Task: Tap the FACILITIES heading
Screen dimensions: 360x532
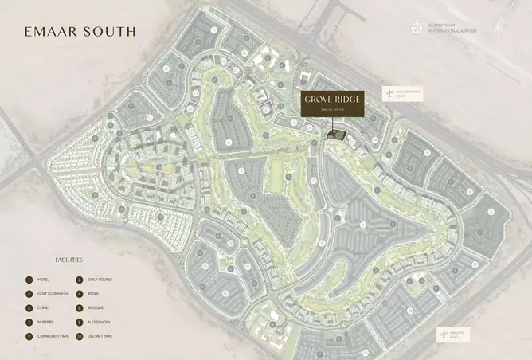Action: [x=68, y=260]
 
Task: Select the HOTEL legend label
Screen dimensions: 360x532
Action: [x=44, y=280]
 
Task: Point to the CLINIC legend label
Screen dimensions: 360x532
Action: [x=44, y=308]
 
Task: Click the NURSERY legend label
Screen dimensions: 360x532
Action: [x=46, y=323]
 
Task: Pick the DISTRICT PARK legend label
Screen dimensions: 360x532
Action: [x=102, y=337]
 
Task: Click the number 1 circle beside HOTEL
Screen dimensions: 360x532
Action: [x=29, y=280]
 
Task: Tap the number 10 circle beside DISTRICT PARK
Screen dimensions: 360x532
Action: [x=79, y=337]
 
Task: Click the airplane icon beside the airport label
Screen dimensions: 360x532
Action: [x=417, y=29]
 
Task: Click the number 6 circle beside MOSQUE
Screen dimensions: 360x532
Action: [x=79, y=308]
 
